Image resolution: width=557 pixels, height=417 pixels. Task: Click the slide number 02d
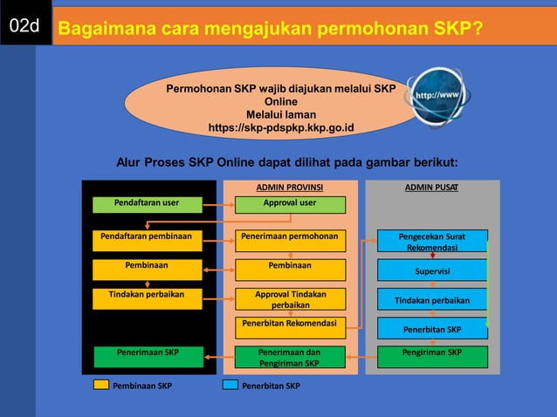(x=24, y=28)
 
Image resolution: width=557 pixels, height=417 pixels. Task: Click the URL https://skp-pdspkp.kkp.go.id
(x=281, y=127)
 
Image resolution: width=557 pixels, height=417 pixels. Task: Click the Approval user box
(x=290, y=204)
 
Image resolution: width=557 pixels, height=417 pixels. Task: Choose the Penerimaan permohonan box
(x=290, y=237)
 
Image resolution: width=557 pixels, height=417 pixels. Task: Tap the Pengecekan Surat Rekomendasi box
(x=431, y=242)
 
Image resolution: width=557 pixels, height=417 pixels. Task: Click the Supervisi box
(x=431, y=270)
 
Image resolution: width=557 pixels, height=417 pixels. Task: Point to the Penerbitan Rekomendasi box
(x=290, y=325)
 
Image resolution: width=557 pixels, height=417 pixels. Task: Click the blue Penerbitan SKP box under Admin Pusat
(x=431, y=329)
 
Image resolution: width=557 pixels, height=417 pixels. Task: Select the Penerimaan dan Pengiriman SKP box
(x=290, y=357)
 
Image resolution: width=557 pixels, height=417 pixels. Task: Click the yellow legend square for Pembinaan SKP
(x=101, y=385)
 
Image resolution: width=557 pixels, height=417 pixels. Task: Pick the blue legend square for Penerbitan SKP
(x=230, y=385)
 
